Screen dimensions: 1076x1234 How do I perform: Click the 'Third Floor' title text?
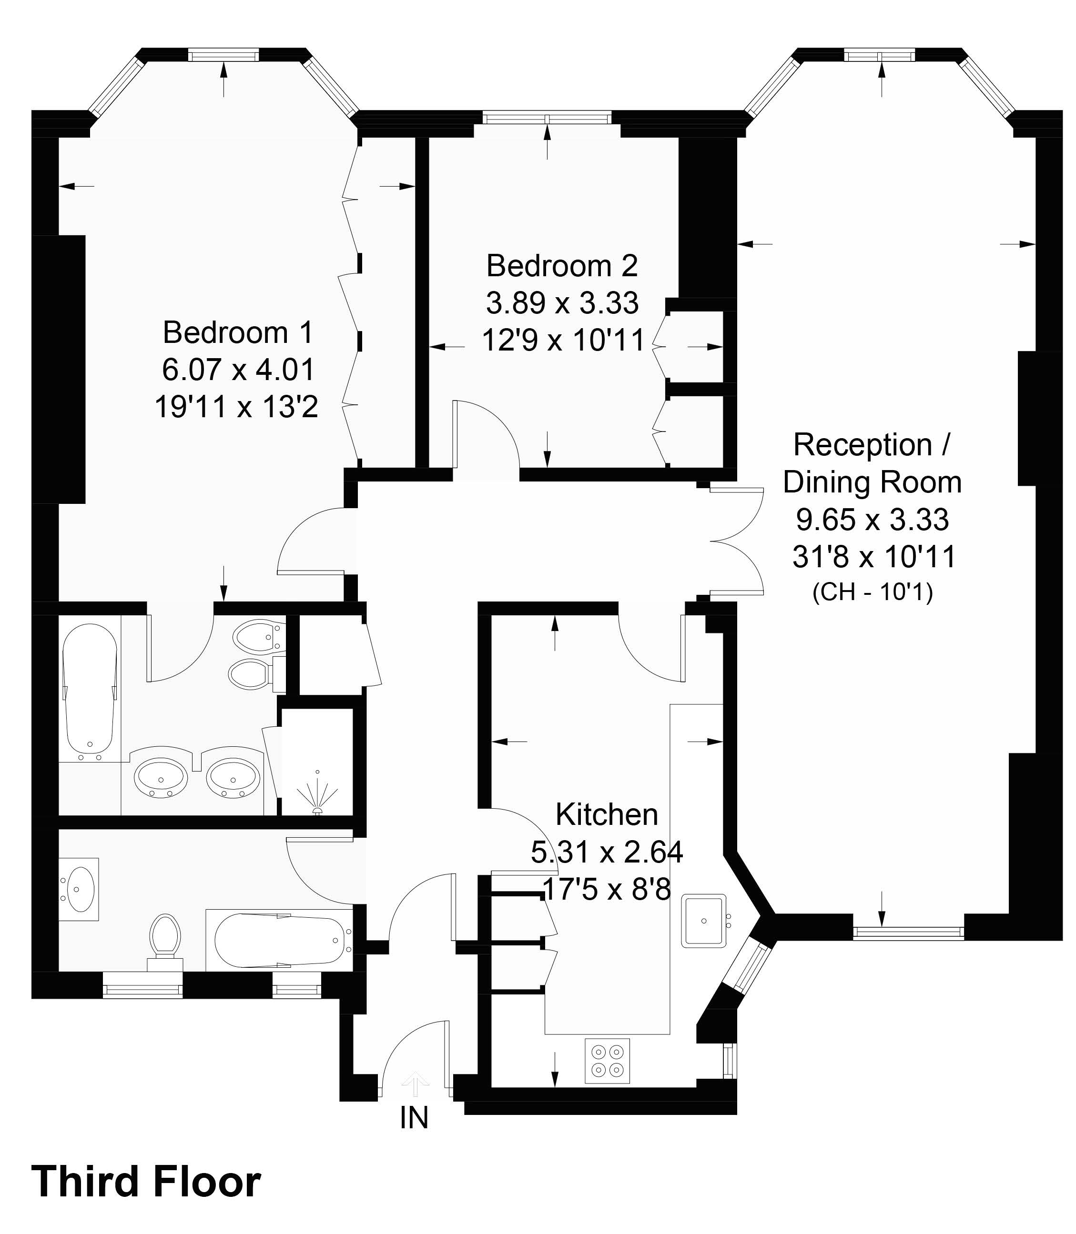point(146,1181)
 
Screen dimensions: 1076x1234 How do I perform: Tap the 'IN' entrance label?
point(414,1117)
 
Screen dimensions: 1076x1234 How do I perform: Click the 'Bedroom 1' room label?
point(238,332)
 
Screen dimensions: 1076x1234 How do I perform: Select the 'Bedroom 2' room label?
point(562,266)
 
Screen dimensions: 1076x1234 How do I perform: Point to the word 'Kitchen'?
point(607,814)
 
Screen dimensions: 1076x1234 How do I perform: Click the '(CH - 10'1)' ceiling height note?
point(873,593)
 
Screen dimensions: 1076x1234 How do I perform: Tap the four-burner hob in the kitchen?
point(608,1061)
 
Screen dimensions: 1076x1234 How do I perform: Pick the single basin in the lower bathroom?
point(79,889)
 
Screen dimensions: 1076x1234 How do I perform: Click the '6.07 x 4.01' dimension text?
point(238,370)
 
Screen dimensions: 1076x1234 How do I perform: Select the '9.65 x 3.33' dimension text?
point(873,520)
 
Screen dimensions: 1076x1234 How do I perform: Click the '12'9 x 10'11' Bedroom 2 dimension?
point(563,341)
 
